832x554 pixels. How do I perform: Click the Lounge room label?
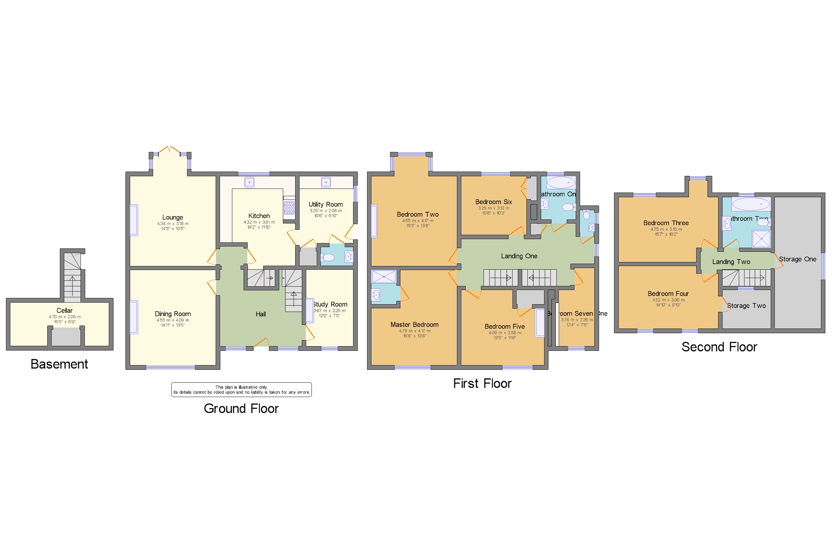click(x=172, y=217)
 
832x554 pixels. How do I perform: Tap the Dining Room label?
click(x=172, y=314)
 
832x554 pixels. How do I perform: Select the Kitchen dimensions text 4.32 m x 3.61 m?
click(x=259, y=222)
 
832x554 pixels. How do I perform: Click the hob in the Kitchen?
click(x=289, y=208)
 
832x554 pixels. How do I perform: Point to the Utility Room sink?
click(x=326, y=182)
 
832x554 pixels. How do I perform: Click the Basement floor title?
click(x=59, y=364)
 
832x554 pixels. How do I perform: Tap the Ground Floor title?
click(x=241, y=409)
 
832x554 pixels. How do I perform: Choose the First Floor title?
click(x=482, y=384)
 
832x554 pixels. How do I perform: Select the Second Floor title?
click(x=719, y=347)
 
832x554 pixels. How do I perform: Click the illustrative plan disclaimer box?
click(x=242, y=390)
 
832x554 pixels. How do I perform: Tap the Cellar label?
click(x=64, y=311)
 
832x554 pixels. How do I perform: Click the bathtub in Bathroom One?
click(x=561, y=183)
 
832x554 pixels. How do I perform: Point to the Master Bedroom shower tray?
click(x=384, y=277)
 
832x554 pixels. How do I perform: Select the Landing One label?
click(x=519, y=256)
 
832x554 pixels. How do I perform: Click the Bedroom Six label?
click(x=493, y=202)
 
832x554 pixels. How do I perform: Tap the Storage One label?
click(x=797, y=259)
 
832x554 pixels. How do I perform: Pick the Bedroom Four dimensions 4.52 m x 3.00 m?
click(x=668, y=300)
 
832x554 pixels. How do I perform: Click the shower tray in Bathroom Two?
click(x=761, y=238)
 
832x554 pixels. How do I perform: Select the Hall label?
click(x=261, y=314)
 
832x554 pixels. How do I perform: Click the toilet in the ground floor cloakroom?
click(x=328, y=258)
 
